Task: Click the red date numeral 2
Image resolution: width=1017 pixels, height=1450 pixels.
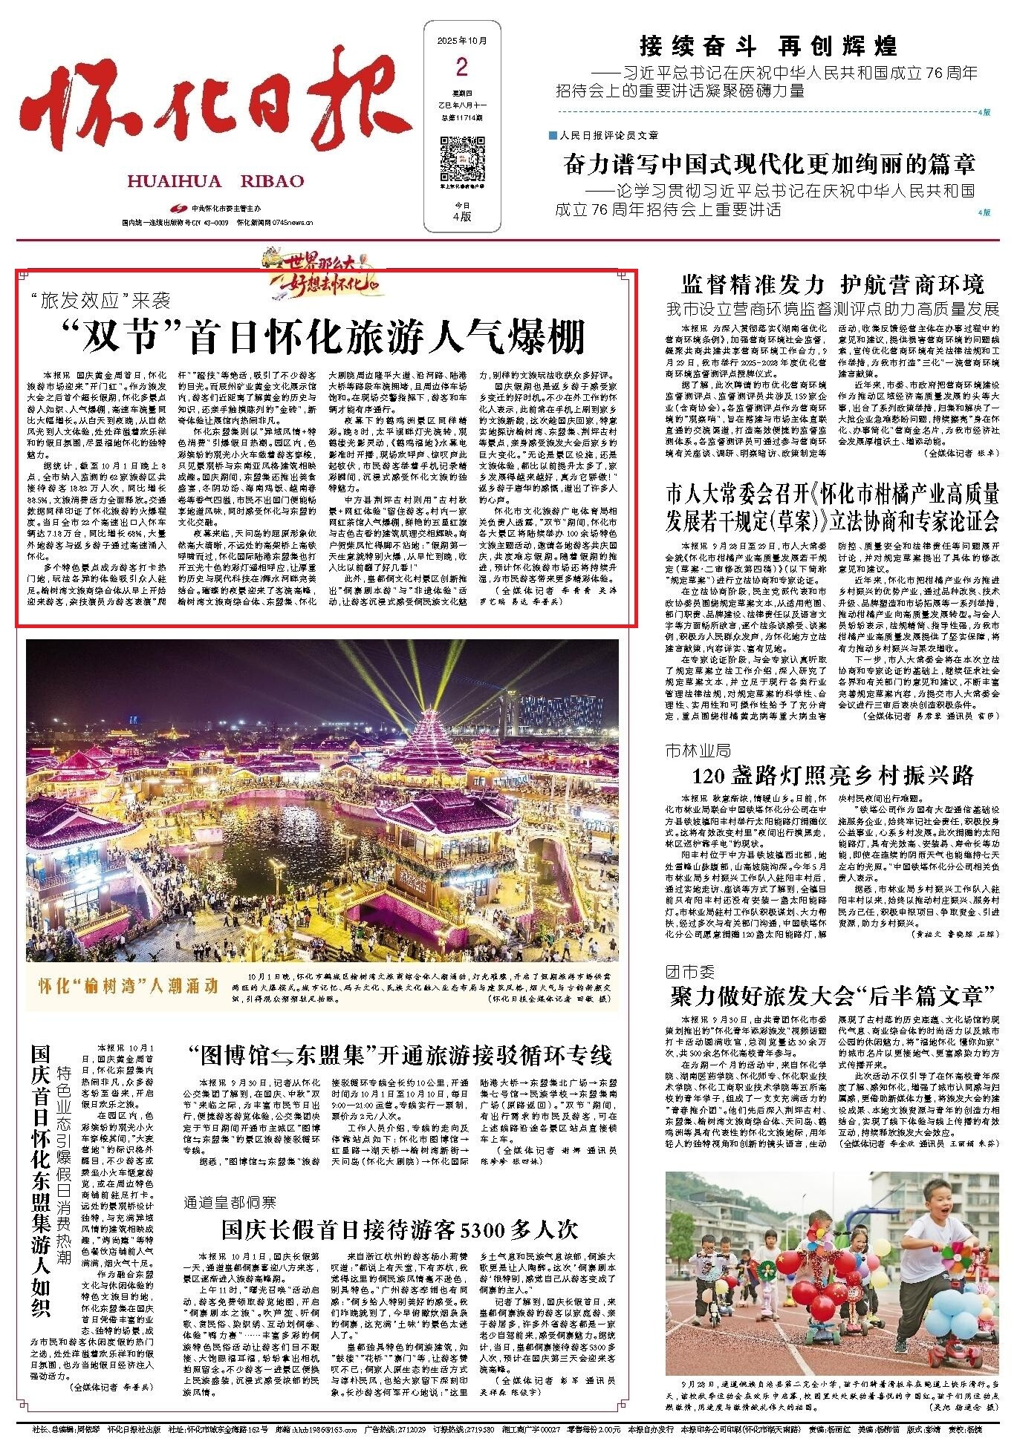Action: (461, 68)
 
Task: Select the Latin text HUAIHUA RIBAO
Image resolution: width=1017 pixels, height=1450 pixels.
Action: (216, 181)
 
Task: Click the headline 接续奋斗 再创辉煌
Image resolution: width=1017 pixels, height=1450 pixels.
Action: (768, 46)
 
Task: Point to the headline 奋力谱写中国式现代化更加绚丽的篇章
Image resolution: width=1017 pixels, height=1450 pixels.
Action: (769, 163)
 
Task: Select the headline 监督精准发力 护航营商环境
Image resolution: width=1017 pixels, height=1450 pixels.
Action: (832, 284)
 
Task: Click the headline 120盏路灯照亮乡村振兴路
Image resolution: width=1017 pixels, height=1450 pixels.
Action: (832, 776)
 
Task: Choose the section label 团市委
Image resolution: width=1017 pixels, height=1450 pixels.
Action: (689, 970)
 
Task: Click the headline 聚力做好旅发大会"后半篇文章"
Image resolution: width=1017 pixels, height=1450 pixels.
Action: (832, 995)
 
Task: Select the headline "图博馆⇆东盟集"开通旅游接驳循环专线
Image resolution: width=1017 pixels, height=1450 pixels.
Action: (400, 1055)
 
